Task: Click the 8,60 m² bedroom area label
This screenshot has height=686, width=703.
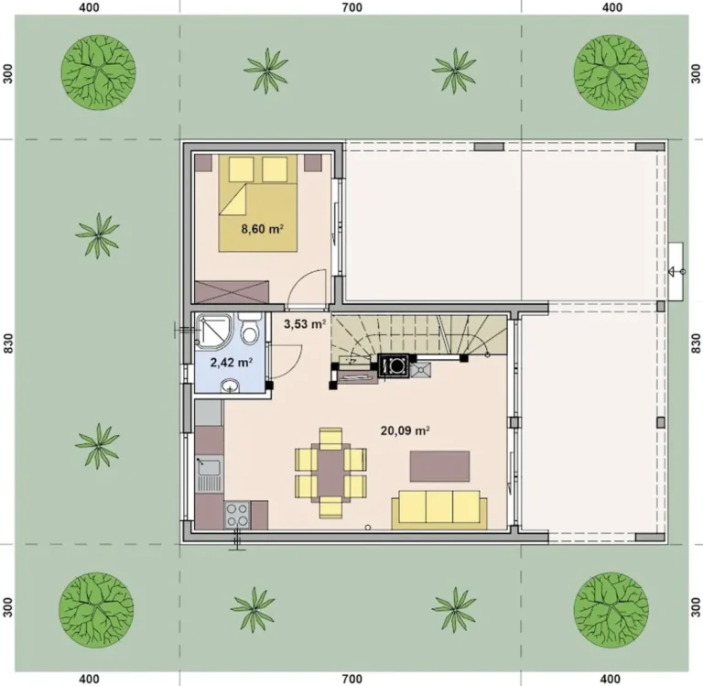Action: click(263, 229)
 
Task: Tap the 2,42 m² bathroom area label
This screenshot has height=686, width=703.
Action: click(232, 362)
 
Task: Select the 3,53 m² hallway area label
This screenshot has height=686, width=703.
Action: click(305, 323)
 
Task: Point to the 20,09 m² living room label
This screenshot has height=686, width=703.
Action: click(406, 430)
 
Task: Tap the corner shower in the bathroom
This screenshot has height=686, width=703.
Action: click(214, 331)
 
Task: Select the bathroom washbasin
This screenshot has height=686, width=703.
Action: click(231, 386)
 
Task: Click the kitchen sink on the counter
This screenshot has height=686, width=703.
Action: click(209, 474)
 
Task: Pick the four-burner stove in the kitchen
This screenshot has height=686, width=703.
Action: click(237, 515)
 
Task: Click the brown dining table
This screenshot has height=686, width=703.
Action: click(330, 473)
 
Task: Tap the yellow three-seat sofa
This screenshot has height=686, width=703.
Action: click(439, 509)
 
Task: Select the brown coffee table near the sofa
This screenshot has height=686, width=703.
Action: click(439, 466)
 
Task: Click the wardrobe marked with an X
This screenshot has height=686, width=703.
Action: click(233, 291)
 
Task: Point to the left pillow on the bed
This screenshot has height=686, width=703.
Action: click(242, 169)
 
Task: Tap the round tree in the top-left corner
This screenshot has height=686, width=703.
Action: click(98, 71)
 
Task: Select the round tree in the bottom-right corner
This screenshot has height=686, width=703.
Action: click(611, 609)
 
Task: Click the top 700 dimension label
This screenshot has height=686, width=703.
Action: click(351, 7)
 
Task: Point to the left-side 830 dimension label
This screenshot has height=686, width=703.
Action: click(7, 343)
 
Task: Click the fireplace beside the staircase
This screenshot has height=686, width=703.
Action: click(395, 365)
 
